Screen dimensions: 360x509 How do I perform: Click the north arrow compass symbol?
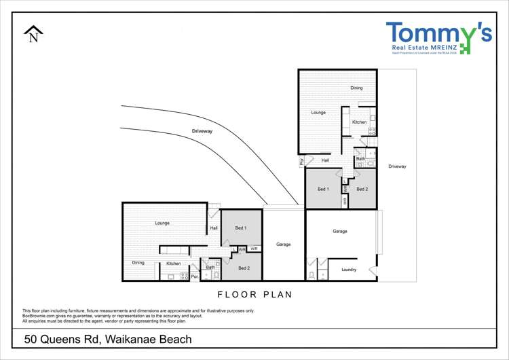coord(33,34)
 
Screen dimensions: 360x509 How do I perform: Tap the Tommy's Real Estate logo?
coord(438,38)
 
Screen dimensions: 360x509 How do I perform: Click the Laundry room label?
coord(349,270)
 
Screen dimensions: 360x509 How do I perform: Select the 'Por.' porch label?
coord(194,276)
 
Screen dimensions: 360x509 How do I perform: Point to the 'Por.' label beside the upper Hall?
coord(301,161)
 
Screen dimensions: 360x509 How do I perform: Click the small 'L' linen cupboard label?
coord(233,249)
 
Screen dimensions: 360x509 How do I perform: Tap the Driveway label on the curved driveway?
coord(202,131)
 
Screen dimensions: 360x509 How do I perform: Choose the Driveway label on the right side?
coord(397,166)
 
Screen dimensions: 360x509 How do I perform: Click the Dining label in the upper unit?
coord(356,88)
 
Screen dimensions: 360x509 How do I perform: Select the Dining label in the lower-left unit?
coord(138,263)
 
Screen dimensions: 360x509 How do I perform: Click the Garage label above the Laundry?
coord(340,231)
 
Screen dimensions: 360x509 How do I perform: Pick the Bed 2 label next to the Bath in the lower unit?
coord(244,268)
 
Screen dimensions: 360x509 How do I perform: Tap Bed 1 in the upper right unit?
coord(324,189)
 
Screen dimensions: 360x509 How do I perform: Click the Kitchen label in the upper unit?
coord(359,122)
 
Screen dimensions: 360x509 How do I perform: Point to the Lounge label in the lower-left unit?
coord(162,223)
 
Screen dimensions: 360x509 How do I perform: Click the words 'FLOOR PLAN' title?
coord(254,295)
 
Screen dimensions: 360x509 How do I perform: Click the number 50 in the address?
coord(31,339)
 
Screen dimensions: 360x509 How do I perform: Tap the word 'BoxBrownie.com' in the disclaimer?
coord(38,316)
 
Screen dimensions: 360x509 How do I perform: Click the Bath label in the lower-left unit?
coord(210,268)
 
